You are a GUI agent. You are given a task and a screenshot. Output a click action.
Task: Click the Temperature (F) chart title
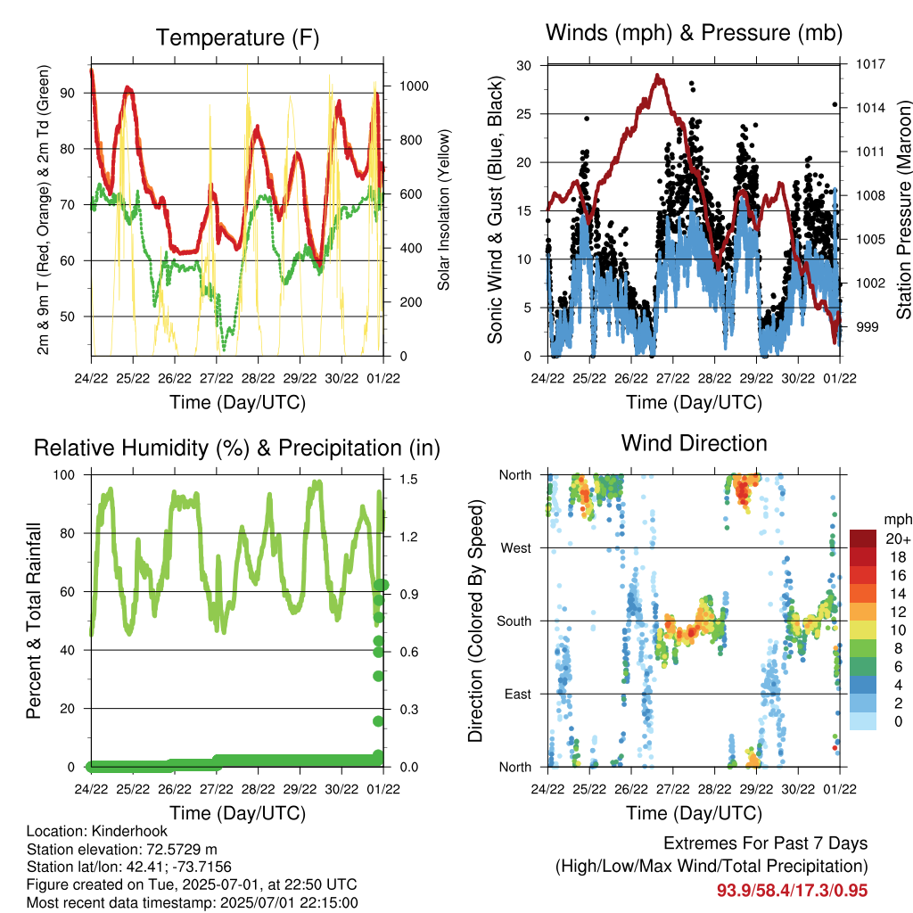coord(237,37)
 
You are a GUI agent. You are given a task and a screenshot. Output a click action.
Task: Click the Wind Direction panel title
coord(694,443)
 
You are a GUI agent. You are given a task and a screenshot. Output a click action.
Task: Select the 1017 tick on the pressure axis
coord(870,64)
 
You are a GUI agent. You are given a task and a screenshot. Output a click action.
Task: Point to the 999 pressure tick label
coord(867,327)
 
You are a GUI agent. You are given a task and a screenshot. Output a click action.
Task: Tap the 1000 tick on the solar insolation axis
coord(414,86)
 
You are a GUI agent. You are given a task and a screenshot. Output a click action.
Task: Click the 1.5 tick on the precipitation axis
coord(408,479)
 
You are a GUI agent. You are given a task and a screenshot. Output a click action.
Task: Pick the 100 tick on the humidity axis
coord(64,475)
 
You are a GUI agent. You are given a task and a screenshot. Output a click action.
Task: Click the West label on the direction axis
coord(516,548)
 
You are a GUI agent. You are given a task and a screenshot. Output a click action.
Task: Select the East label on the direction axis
coord(518,694)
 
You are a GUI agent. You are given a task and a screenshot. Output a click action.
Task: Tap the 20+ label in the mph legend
coord(898,539)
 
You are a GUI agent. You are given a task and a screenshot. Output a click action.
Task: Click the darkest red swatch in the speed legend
coord(862,539)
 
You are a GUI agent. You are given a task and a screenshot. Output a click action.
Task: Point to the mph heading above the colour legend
coord(897,520)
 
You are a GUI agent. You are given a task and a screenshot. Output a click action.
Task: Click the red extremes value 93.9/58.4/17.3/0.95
coord(792,891)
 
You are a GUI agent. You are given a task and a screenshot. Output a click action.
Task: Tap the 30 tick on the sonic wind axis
coord(524,66)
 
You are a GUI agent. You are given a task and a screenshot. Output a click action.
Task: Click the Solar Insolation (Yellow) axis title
coord(444,210)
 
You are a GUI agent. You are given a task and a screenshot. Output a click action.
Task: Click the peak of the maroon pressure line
coord(657,76)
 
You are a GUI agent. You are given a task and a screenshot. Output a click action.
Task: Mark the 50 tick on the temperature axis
coord(68,317)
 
